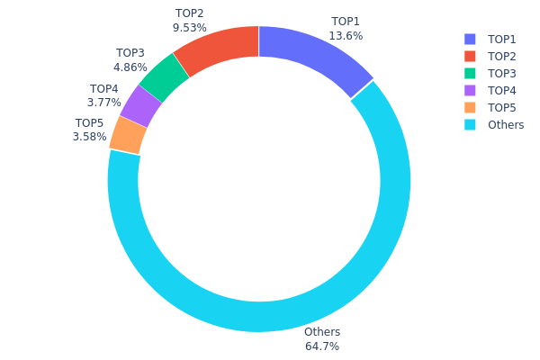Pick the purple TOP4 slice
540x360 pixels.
pos(140,106)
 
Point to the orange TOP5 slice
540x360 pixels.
pos(128,135)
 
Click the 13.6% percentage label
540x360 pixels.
pos(346,36)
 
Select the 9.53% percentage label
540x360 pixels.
pos(190,28)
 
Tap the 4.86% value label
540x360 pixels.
pos(130,67)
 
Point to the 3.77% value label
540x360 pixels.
pos(104,103)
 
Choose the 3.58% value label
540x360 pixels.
pos(90,137)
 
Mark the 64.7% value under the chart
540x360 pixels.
pos(322,346)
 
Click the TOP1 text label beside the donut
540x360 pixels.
pos(346,22)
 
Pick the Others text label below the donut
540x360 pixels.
pos(322,332)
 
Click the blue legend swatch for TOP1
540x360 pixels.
pos(470,40)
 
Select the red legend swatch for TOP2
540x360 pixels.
pos(470,57)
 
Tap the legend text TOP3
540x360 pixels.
pos(502,74)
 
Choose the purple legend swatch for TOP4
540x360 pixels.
pos(470,91)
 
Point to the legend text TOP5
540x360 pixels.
pos(502,108)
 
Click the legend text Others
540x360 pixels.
pos(506,125)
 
